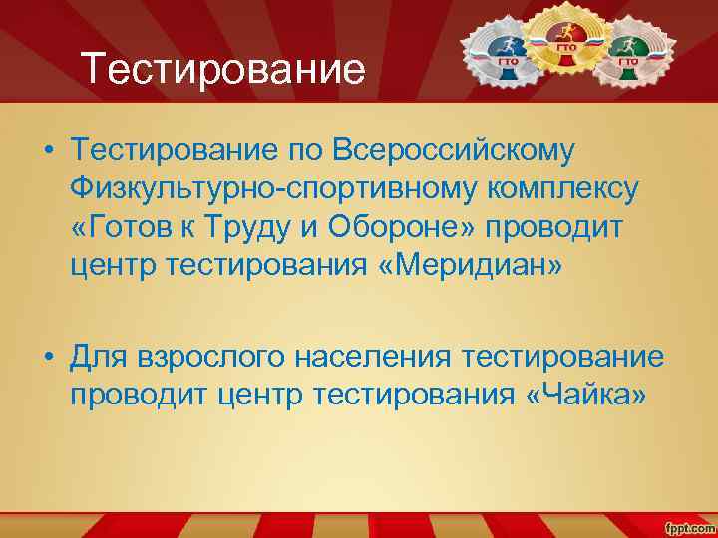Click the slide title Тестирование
pos(223,70)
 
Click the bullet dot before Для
pos(49,357)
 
